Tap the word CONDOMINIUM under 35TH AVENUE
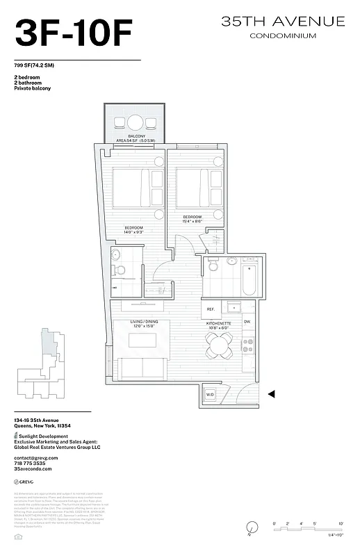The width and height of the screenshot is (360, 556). click(282, 35)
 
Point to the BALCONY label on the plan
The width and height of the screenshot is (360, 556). click(136, 136)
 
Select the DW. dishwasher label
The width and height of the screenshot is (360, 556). click(247, 322)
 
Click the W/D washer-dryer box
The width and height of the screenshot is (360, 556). click(210, 395)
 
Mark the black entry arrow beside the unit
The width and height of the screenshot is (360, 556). click(272, 394)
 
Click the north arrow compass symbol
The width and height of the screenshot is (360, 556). click(250, 529)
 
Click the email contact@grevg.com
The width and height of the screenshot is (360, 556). click(35, 458)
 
